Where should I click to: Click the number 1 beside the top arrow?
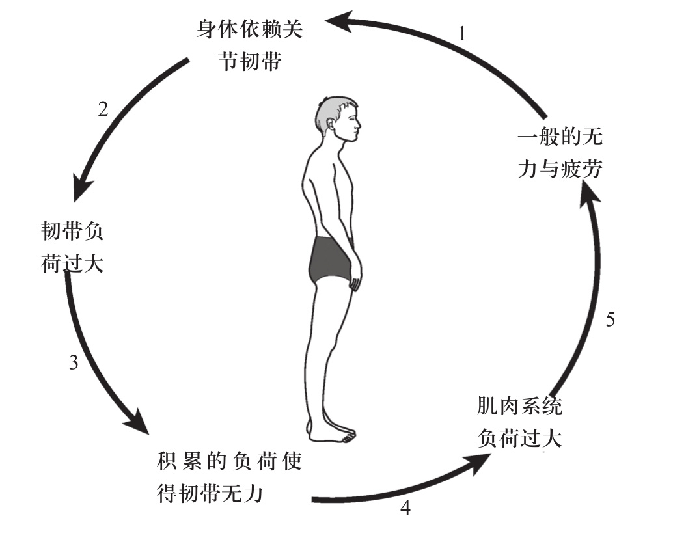click(x=462, y=34)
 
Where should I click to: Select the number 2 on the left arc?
click(x=102, y=109)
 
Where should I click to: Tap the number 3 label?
click(x=74, y=362)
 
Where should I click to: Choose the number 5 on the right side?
click(x=610, y=319)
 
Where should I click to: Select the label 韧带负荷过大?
click(x=72, y=248)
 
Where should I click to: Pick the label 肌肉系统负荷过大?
click(x=519, y=422)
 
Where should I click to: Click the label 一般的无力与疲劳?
click(x=563, y=154)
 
